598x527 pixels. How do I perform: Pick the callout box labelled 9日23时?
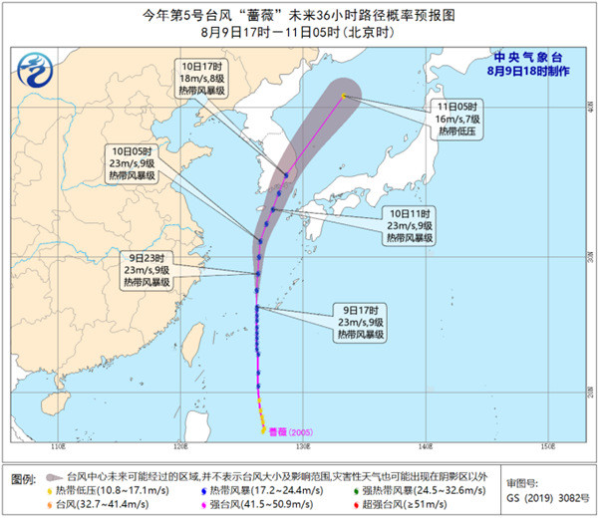[146, 269]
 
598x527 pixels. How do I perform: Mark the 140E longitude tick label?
[425, 445]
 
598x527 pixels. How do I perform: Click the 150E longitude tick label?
[546, 445]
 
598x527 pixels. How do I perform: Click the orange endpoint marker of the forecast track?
[344, 96]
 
